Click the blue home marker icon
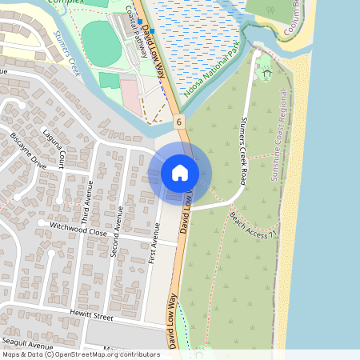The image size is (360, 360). tap(180, 172)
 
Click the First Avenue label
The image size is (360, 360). tap(154, 248)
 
